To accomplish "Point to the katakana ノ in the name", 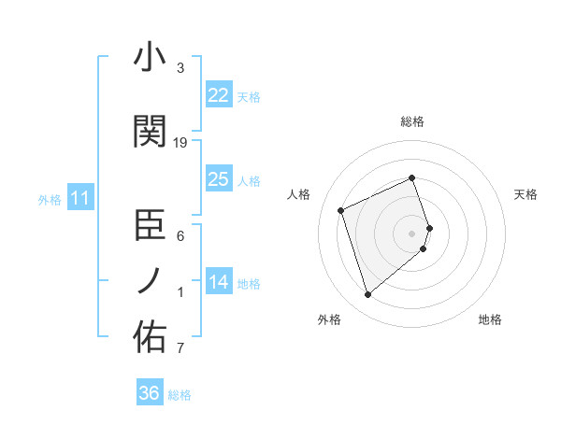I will click(x=150, y=281).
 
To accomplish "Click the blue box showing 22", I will click(x=218, y=95).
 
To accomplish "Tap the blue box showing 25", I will click(x=218, y=179).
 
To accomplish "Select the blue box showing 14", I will click(x=218, y=283).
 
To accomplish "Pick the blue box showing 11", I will click(x=79, y=198).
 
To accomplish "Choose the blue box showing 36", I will click(x=149, y=393).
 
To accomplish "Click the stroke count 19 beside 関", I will click(x=180, y=143).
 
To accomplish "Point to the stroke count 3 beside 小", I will click(x=180, y=68).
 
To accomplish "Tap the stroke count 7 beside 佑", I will click(x=180, y=349).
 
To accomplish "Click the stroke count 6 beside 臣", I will click(x=180, y=236).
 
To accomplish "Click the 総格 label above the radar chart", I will click(x=412, y=121).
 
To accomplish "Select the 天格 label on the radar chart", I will click(x=525, y=194).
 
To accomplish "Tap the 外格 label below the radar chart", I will click(x=329, y=319).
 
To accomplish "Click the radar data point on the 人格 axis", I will click(x=341, y=209).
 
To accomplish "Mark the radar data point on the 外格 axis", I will click(x=367, y=295).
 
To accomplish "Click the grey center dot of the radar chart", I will click(x=412, y=233).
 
